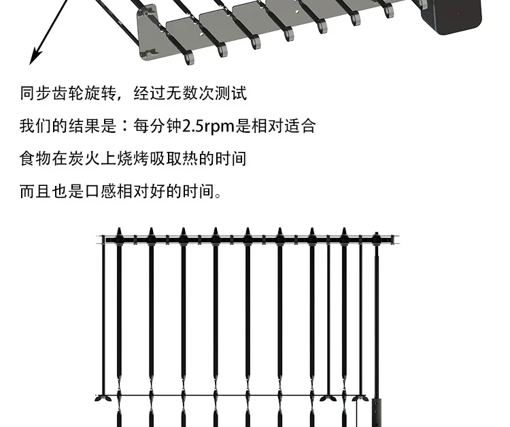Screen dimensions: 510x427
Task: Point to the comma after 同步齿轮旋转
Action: [x=121, y=97]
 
